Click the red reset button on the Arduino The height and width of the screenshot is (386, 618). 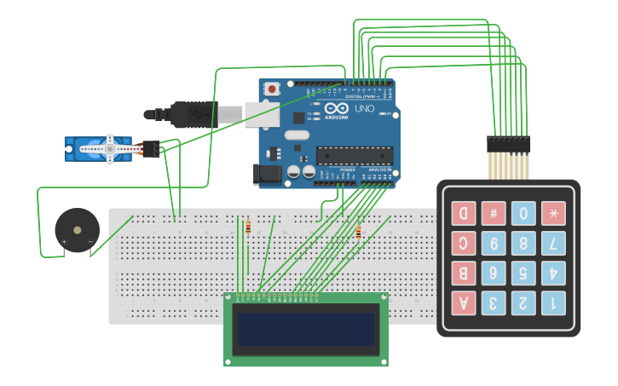tap(272, 89)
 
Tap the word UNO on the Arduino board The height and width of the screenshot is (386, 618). tap(364, 109)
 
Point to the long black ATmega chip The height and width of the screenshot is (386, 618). tap(355, 156)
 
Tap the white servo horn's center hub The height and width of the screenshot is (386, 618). tap(109, 149)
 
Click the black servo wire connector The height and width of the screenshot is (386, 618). tap(150, 148)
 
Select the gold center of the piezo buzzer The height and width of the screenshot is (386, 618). tap(78, 229)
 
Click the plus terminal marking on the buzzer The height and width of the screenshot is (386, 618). tap(64, 243)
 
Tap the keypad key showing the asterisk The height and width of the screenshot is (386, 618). tap(553, 213)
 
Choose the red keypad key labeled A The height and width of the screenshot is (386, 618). tap(464, 302)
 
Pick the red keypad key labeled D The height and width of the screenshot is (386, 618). tap(464, 213)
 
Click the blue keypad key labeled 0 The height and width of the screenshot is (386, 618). tap(523, 213)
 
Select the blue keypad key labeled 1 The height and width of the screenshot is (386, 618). tap(553, 302)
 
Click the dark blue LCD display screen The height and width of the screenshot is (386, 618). tap(306, 329)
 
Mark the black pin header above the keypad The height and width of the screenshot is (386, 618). tap(508, 144)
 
